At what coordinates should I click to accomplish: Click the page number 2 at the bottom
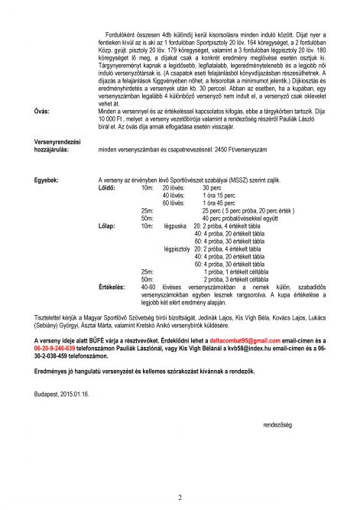click(179, 498)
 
